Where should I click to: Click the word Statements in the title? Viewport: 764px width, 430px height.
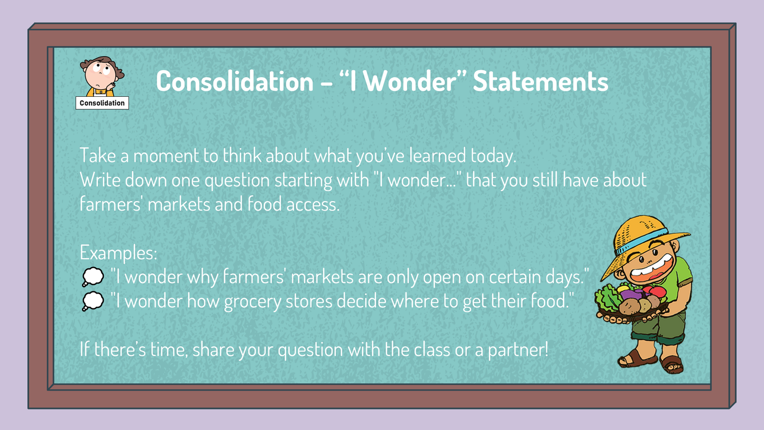point(540,81)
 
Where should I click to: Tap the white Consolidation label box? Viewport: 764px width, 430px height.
point(103,103)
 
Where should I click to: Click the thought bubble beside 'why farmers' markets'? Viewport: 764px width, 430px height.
point(93,277)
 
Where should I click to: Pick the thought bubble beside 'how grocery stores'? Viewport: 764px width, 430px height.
point(93,301)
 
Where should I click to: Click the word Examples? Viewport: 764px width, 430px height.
point(118,253)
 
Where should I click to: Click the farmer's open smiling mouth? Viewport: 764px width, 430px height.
point(652,268)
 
